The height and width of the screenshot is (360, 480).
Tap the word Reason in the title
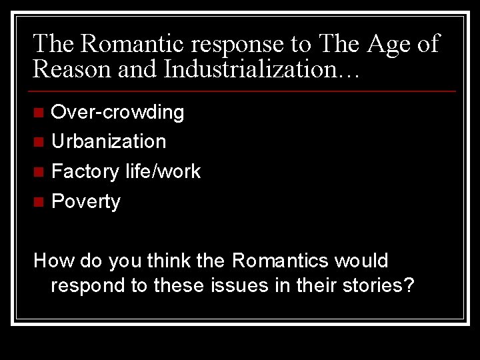click(x=71, y=69)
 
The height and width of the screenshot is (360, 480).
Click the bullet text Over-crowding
click(x=117, y=112)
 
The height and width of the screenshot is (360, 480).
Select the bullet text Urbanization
click(x=109, y=141)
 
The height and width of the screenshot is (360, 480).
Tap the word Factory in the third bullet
click(x=85, y=172)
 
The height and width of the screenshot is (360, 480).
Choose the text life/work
click(x=163, y=171)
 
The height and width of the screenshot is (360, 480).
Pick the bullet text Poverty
click(x=86, y=202)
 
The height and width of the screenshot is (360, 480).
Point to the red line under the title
click(x=244, y=91)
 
